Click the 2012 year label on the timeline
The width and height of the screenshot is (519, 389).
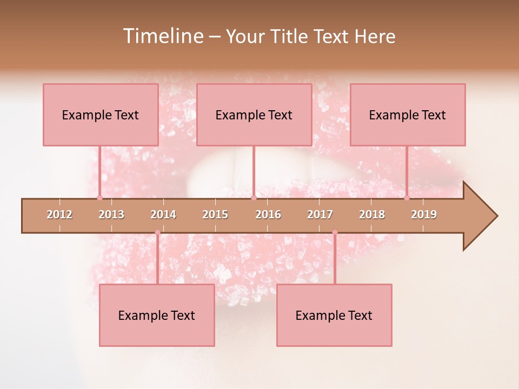pos(59,214)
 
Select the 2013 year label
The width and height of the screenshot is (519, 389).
pos(111,214)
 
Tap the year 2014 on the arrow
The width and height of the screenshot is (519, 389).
pos(163,214)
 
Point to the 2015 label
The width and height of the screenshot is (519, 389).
pos(215,214)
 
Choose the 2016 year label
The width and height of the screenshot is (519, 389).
pos(268,214)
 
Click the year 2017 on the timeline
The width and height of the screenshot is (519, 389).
pos(320,214)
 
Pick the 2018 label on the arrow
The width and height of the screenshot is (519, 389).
pos(372,214)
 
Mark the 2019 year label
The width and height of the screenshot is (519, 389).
pos(424,214)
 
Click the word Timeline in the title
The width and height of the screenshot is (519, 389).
pos(162,36)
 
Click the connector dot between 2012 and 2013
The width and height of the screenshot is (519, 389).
pos(99,198)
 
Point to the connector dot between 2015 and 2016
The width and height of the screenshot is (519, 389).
pos(254,198)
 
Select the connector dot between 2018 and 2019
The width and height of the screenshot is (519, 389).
pos(407,198)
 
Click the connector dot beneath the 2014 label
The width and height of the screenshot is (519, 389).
pos(157,232)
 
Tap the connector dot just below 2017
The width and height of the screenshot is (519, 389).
pos(335,232)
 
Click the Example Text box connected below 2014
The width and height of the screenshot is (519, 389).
pos(157,315)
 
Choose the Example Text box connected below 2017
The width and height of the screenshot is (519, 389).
pos(334,315)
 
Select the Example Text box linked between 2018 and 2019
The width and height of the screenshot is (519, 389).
pos(408,115)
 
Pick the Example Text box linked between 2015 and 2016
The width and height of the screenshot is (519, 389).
pos(254,115)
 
